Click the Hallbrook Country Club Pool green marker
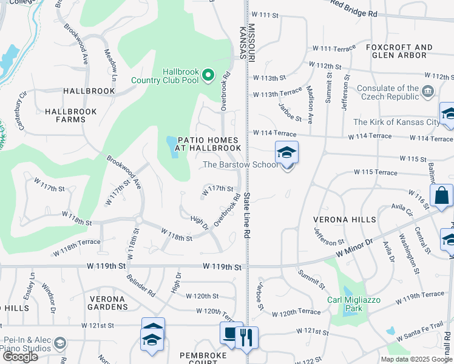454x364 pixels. (x=208, y=75)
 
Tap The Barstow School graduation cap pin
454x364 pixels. (x=286, y=152)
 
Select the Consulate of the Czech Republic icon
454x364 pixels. (x=428, y=92)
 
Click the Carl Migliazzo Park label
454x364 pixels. (x=345, y=303)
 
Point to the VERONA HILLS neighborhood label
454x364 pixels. (x=344, y=219)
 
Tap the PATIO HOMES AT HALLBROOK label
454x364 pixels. (x=209, y=143)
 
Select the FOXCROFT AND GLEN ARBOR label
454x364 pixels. (x=399, y=52)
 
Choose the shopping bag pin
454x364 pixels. (x=441, y=195)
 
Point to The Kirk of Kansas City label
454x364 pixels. (x=396, y=123)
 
